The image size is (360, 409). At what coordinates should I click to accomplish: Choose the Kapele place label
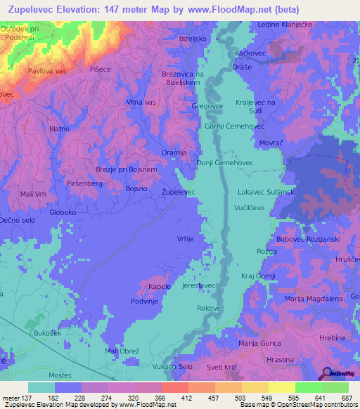coord(160,287)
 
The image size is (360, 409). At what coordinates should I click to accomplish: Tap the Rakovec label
coord(210,308)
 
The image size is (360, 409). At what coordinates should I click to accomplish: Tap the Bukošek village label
coord(48,332)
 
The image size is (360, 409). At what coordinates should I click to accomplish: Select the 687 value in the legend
coord(345,397)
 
